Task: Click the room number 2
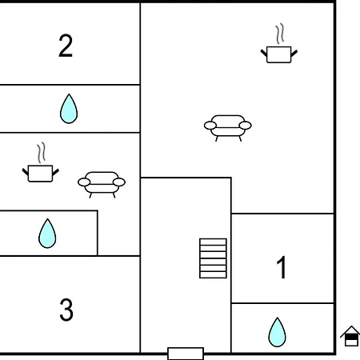(66, 46)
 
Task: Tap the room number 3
(66, 310)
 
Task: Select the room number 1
(282, 267)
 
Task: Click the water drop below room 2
(69, 109)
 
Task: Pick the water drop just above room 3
(47, 234)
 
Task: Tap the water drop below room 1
(277, 332)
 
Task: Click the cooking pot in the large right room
(279, 54)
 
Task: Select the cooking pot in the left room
(41, 174)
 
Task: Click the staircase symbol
(213, 258)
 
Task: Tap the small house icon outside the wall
(351, 336)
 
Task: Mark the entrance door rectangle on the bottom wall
(186, 354)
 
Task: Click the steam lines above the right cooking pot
(280, 34)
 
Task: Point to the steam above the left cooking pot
(42, 153)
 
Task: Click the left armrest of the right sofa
(210, 126)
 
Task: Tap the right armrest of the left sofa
(119, 182)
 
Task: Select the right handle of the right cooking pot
(294, 54)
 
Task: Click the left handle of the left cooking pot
(26, 172)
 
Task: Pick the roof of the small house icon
(351, 330)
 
